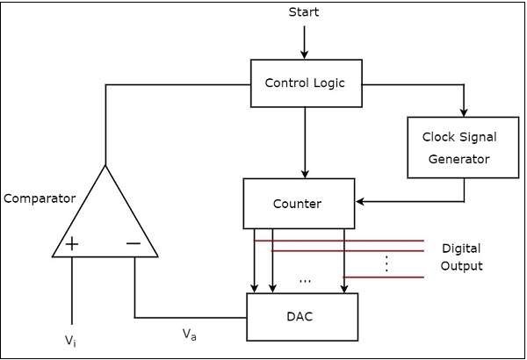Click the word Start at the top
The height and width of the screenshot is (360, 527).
point(304,12)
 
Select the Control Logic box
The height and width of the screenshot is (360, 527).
point(305,83)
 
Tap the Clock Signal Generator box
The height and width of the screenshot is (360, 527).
point(459,148)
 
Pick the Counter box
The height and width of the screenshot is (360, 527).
point(299,204)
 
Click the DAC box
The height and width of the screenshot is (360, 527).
point(302,316)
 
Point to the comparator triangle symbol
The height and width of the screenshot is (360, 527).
point(105,220)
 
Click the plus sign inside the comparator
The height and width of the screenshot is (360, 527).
point(71,243)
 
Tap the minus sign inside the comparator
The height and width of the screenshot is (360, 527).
point(134,243)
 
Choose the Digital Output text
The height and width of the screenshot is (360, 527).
point(461,257)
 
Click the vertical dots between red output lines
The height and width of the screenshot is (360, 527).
point(386,263)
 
